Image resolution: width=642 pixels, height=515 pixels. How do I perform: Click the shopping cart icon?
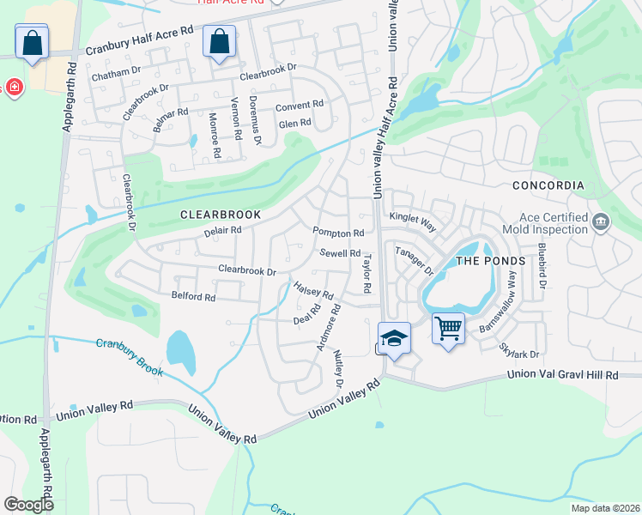[x=448, y=328]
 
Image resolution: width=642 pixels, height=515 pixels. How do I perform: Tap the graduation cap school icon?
[x=393, y=337]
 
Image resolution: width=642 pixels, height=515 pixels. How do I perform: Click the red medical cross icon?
[x=14, y=88]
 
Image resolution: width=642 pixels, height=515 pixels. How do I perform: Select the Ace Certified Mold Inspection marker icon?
[x=600, y=223]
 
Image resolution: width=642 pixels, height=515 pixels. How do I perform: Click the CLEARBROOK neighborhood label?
[x=220, y=213]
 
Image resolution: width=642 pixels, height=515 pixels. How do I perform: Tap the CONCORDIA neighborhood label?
[x=548, y=185]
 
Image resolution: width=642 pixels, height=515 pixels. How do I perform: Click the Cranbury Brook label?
[x=129, y=356]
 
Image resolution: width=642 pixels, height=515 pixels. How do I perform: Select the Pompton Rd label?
[x=338, y=233]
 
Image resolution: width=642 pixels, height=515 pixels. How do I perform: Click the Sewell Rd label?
[x=340, y=253]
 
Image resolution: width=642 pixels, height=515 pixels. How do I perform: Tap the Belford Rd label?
[x=193, y=296]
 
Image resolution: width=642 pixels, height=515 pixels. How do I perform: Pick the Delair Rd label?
[x=223, y=230]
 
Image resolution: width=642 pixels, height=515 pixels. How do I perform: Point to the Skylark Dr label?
[x=518, y=349]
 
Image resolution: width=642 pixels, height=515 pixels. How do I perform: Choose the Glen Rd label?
[x=294, y=124]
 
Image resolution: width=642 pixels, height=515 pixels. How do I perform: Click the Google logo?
[x=28, y=505]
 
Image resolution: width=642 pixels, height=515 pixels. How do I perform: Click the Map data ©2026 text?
[x=604, y=508]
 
